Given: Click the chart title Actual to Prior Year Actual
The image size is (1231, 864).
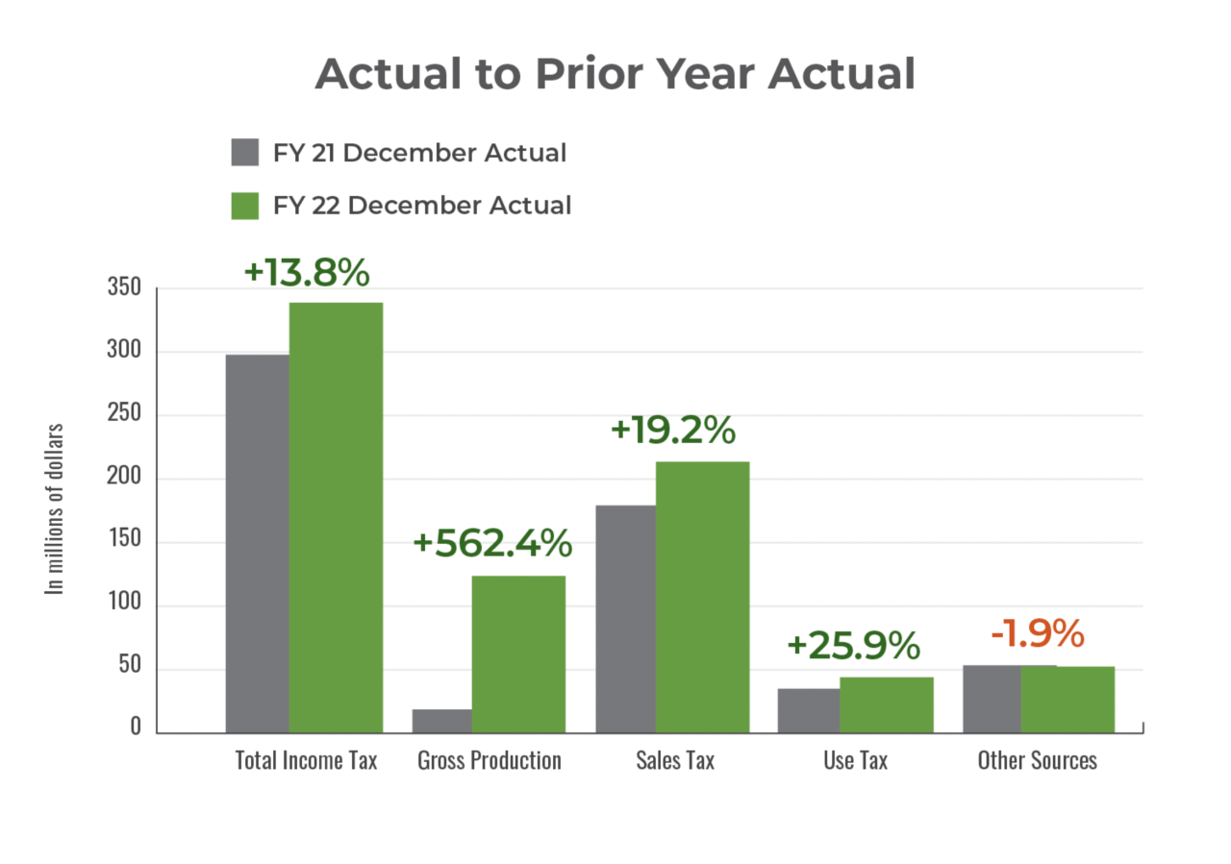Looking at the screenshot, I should click(615, 74).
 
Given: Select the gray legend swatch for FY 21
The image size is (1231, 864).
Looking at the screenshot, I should click(245, 153).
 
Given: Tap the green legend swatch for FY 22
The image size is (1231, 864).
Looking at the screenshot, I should click(245, 206).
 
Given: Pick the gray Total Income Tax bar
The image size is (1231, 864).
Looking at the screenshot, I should click(257, 543).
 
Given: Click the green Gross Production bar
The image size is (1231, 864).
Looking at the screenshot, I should click(518, 654).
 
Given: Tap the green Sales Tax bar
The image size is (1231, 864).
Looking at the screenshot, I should click(702, 596).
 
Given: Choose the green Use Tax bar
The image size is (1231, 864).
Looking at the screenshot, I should click(886, 704).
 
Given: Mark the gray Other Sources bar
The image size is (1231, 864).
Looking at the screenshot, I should click(991, 699).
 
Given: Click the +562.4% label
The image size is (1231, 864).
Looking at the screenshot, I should click(492, 544).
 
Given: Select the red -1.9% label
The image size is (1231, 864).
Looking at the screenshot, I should click(1037, 634).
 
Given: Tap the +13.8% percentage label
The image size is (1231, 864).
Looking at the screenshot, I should click(306, 272).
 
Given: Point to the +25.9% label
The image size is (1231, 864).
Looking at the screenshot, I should click(853, 646).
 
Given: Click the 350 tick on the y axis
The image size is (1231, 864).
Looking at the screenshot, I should click(124, 288).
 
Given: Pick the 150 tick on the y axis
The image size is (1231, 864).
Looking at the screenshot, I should click(124, 541).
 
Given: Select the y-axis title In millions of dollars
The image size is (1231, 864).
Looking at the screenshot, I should click(55, 508).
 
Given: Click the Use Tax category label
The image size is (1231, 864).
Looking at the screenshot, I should click(855, 760).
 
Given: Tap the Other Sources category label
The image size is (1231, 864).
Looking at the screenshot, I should click(1037, 760).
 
